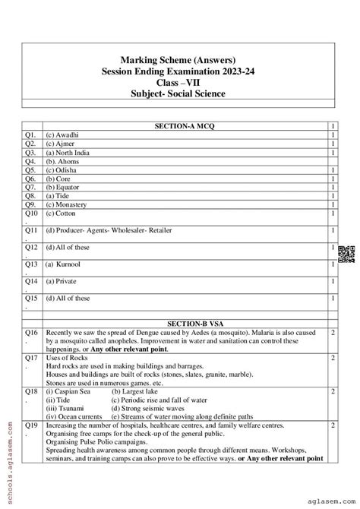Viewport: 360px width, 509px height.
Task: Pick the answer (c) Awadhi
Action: coord(62,134)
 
